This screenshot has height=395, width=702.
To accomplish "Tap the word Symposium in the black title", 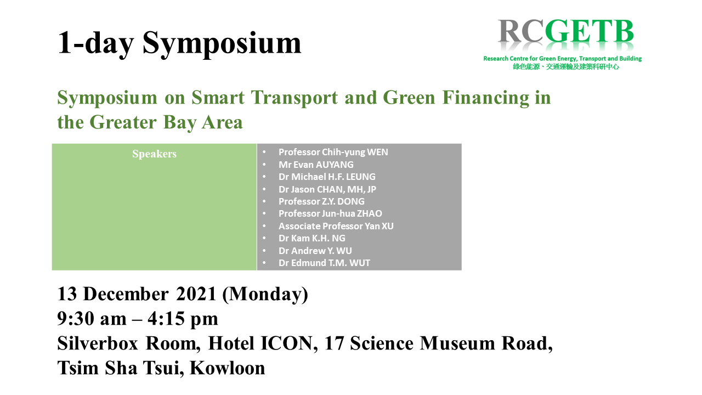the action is click(x=222, y=43).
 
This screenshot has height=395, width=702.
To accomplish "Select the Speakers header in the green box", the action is click(x=154, y=154).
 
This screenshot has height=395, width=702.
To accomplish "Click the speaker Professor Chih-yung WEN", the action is click(x=333, y=152).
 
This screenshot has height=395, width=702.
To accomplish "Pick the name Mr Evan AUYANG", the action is click(x=316, y=165).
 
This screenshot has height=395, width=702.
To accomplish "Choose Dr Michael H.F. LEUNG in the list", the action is click(x=327, y=177).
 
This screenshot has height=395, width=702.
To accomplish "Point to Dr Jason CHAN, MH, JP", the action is click(x=327, y=189).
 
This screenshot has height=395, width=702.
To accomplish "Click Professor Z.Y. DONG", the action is click(x=321, y=201).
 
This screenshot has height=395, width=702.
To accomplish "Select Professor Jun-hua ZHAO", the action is click(x=330, y=213).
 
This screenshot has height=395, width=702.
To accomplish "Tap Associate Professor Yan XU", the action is click(x=336, y=226).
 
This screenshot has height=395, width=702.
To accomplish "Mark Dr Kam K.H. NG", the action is click(x=312, y=238).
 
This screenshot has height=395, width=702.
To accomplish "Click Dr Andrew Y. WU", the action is click(x=315, y=251).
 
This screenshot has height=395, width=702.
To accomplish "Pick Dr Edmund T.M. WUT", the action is click(x=324, y=263).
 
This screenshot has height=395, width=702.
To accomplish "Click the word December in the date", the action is click(x=126, y=294).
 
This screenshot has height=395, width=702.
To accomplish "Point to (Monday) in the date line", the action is click(x=265, y=295).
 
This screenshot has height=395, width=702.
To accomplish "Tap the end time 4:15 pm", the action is click(x=183, y=319).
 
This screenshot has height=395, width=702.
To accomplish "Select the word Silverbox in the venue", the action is click(x=98, y=343).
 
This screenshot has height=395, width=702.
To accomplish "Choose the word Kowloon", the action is click(x=228, y=368).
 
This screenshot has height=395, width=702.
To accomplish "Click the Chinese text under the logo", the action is click(x=566, y=67).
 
